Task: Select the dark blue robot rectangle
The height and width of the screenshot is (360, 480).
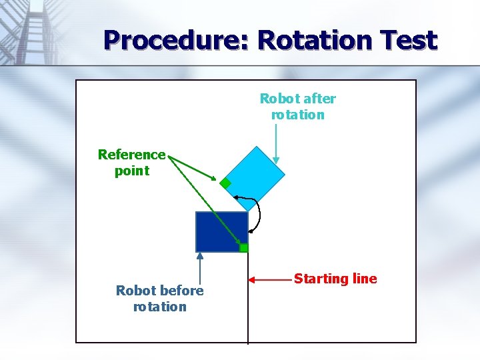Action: click(x=221, y=231)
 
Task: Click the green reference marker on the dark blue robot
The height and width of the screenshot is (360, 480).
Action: click(x=244, y=248)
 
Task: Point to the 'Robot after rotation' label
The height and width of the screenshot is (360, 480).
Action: click(x=297, y=107)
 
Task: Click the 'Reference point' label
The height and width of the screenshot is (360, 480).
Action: click(x=131, y=163)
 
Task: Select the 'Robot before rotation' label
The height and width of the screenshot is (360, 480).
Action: click(x=159, y=299)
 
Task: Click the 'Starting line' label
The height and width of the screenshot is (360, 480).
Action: click(x=335, y=279)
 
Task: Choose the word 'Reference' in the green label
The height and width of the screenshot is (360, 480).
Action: click(x=131, y=155)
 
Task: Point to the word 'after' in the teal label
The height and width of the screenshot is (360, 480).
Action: click(x=319, y=99)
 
